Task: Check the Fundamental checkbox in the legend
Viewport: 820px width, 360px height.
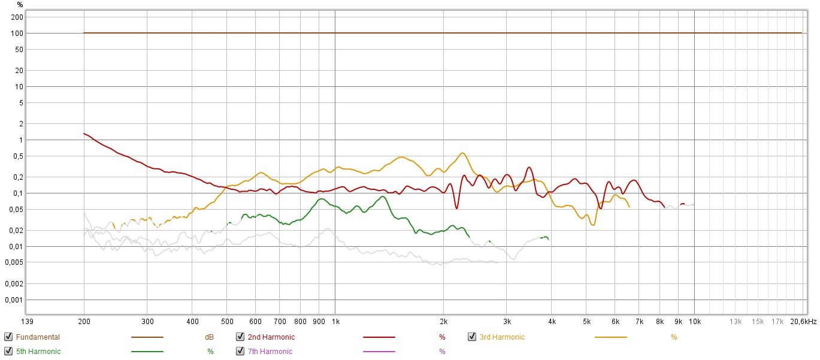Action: (x=8, y=337)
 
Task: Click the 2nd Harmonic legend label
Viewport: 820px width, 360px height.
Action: (x=271, y=337)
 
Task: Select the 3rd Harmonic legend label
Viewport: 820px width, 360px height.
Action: (x=502, y=337)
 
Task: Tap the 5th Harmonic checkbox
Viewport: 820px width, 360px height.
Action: (x=8, y=352)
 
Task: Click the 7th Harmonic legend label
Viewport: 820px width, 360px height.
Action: (x=270, y=352)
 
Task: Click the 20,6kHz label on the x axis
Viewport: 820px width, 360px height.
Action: (x=802, y=322)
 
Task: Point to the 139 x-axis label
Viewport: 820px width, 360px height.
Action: (x=25, y=322)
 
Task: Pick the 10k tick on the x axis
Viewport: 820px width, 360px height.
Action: (x=695, y=322)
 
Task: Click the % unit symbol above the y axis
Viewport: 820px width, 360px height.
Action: (x=20, y=5)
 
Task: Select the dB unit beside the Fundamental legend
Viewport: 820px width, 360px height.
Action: (x=209, y=337)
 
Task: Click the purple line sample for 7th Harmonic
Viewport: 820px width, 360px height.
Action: (x=379, y=352)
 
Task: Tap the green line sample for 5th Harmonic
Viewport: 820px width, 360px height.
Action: (x=147, y=352)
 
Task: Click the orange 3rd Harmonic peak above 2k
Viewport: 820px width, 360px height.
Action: (x=462, y=153)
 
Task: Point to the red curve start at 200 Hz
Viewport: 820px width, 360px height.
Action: (x=84, y=134)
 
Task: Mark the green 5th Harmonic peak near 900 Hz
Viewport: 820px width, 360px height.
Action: (x=322, y=199)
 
